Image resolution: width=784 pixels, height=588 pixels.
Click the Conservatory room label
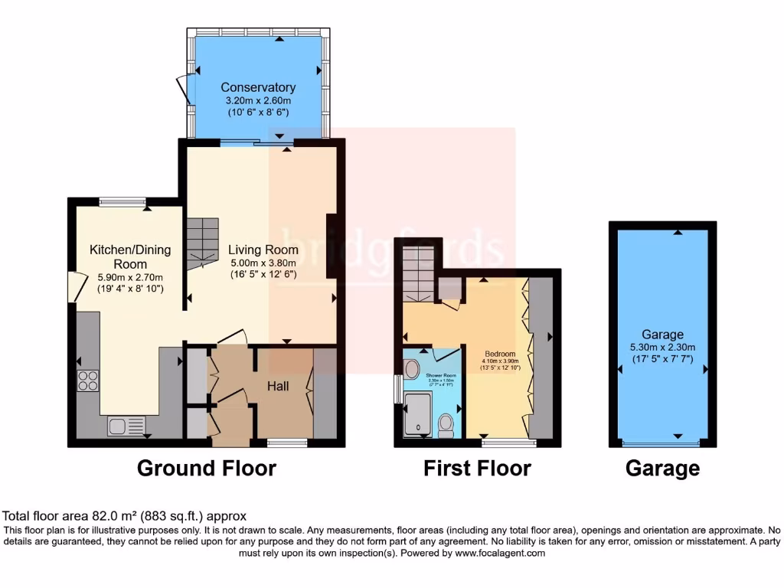click(x=258, y=87)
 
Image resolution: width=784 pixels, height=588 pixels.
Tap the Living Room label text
click(x=263, y=250)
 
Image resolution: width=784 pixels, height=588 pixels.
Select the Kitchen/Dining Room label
click(x=130, y=256)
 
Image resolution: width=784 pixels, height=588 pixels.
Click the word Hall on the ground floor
click(x=278, y=387)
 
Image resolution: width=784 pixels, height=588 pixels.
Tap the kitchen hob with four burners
click(x=88, y=381)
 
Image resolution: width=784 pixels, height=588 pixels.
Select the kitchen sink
click(x=126, y=425)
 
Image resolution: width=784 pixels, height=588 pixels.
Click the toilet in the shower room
click(x=446, y=423)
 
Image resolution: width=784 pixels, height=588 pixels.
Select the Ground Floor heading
click(x=207, y=468)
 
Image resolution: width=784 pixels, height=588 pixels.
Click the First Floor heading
click(x=477, y=468)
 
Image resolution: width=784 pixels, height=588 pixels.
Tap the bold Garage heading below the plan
click(x=662, y=468)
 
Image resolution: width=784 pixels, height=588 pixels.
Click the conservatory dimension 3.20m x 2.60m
click(x=258, y=100)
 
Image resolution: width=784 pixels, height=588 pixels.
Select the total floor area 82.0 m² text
click(x=125, y=516)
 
